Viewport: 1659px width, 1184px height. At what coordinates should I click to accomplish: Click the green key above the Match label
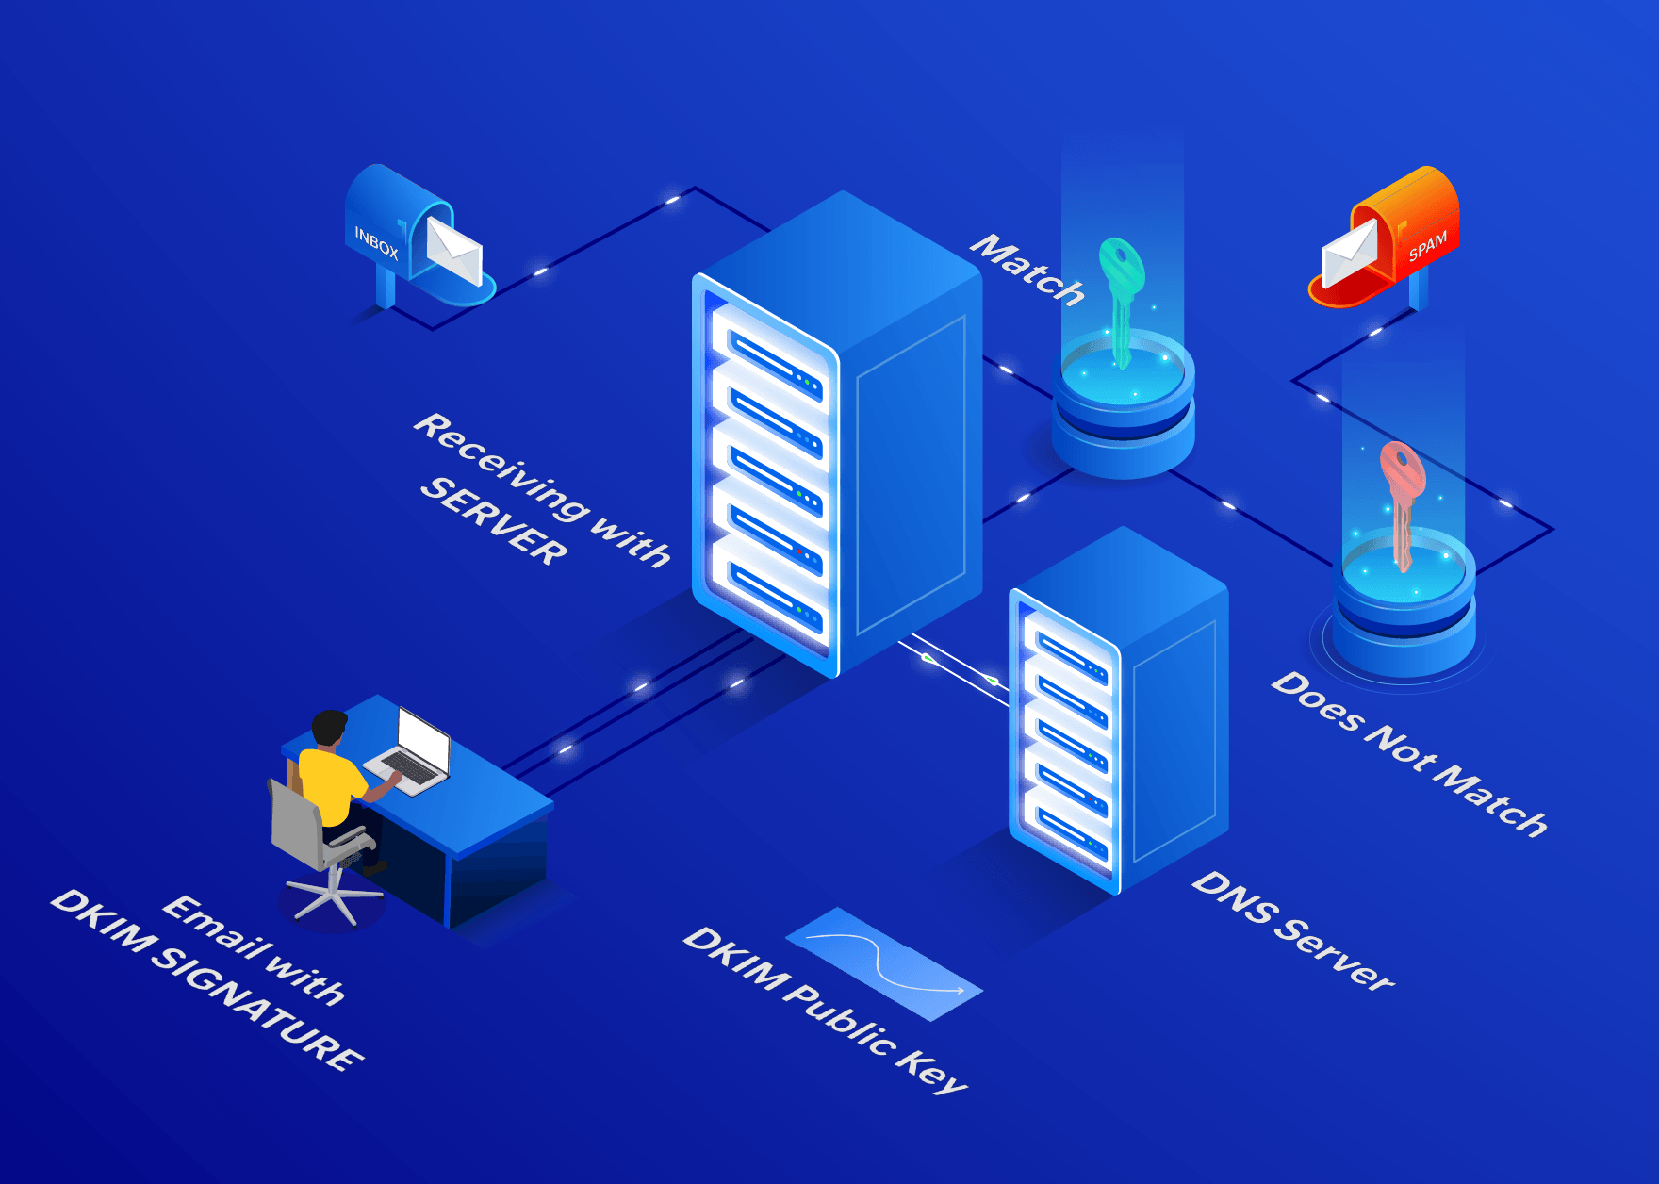(x=1122, y=292)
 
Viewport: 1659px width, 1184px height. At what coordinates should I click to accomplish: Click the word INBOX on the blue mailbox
(x=376, y=243)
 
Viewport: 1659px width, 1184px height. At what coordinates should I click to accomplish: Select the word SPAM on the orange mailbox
(x=1427, y=246)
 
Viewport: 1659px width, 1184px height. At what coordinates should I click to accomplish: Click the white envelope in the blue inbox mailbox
(x=454, y=249)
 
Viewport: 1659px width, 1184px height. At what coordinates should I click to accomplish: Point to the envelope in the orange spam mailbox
(x=1349, y=254)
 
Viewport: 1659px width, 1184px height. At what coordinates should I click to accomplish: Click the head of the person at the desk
(x=329, y=729)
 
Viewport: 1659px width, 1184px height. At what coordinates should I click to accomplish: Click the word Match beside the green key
(x=1028, y=270)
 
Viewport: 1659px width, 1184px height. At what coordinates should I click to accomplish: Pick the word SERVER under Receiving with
(x=494, y=520)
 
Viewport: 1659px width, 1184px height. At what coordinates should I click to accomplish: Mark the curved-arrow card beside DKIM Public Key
(x=883, y=962)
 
